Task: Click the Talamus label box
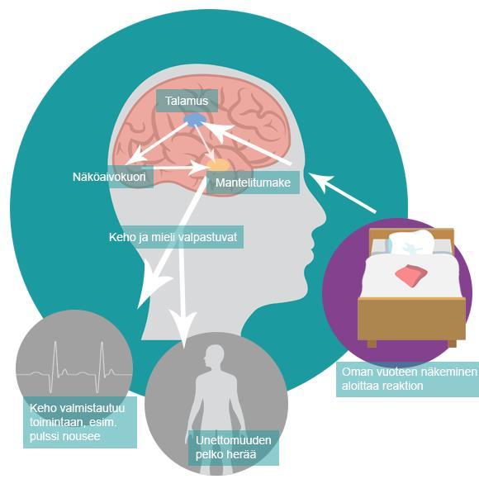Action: pos(187,101)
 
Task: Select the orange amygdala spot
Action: pos(218,165)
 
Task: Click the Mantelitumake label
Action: pos(253,183)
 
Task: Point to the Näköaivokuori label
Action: pos(109,177)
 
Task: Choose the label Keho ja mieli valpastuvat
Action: pos(173,237)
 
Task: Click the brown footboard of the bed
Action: pos(411,319)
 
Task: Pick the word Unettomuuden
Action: pos(234,440)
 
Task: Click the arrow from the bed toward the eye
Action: pos(342,192)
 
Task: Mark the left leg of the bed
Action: pos(372,344)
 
